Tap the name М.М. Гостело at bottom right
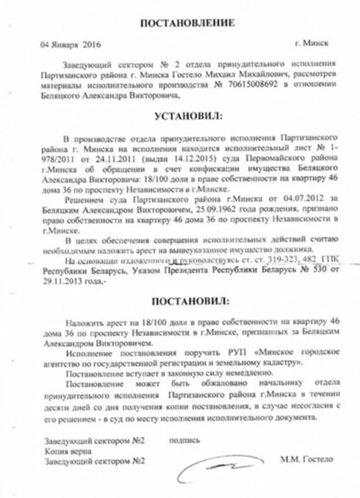pyautogui.click(x=306, y=459)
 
